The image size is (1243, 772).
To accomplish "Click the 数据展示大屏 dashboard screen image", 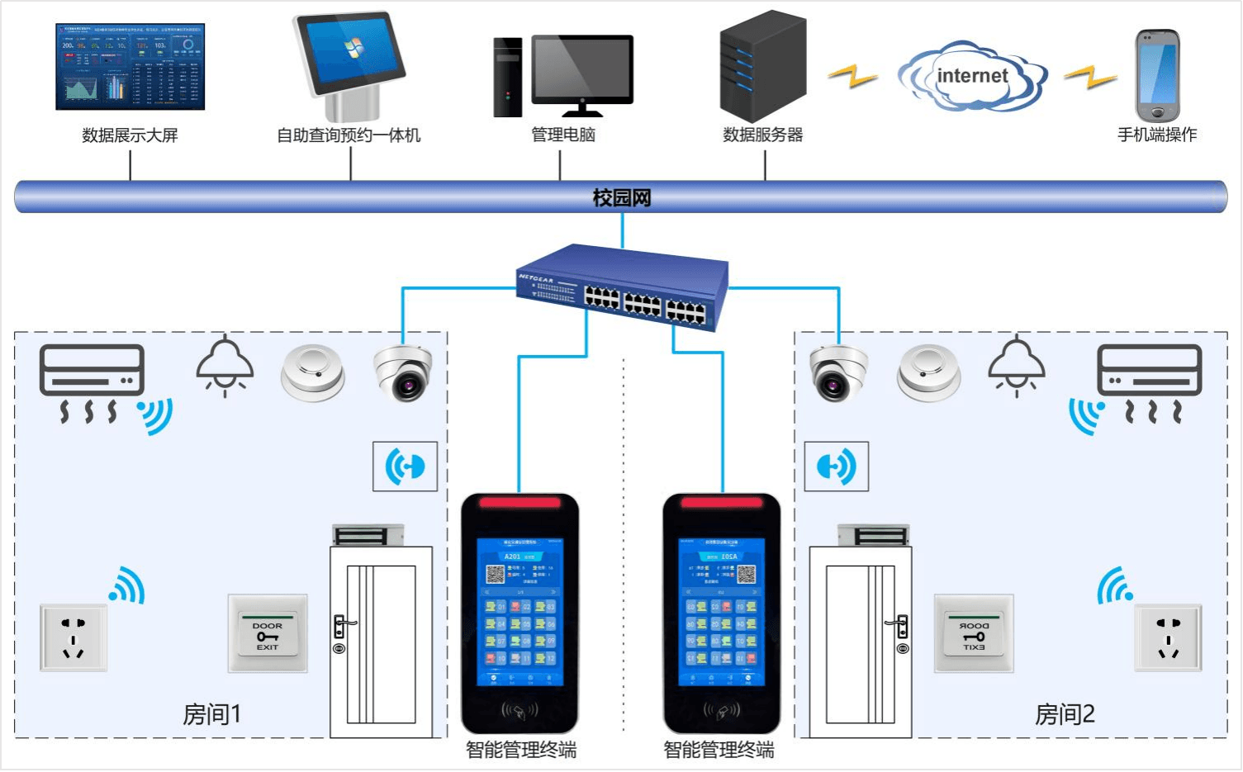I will [130, 67].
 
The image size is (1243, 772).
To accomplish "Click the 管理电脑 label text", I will [562, 135].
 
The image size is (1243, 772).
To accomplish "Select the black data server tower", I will [761, 66].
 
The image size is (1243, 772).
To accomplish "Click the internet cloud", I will [972, 76].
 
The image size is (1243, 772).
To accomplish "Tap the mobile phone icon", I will [1156, 76].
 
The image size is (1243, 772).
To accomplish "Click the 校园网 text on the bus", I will [622, 198].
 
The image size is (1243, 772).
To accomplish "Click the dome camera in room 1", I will [403, 373].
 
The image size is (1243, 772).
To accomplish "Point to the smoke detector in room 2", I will [929, 372].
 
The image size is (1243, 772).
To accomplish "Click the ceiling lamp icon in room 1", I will [225, 366].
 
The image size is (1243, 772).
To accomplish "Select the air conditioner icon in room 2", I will [1149, 371].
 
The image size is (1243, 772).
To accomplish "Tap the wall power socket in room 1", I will [74, 637].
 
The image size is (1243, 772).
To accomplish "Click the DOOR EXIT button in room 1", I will [268, 633].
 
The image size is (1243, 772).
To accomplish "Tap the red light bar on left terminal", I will [519, 502].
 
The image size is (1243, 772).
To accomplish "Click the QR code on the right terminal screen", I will [747, 574].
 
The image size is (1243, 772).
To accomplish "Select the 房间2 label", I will [1064, 713].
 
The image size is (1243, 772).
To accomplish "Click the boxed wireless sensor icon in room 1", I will [405, 467].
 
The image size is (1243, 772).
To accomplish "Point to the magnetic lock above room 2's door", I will [872, 535].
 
